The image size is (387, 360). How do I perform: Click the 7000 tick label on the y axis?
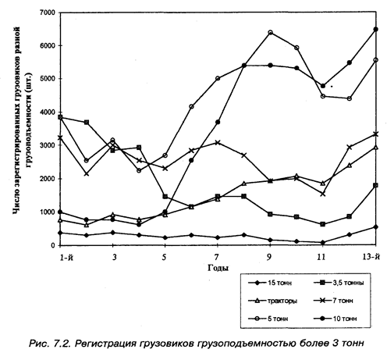coord(48,12)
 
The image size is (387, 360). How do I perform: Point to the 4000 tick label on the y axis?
coord(48,112)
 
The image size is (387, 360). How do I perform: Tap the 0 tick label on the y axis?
coord(53,245)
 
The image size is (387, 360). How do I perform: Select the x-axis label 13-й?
coord(371,257)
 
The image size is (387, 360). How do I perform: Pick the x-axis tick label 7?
coord(217,257)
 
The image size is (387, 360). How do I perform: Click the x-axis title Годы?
coord(218,268)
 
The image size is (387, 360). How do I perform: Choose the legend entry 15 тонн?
coord(270,283)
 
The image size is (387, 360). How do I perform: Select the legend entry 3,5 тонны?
coord(339,283)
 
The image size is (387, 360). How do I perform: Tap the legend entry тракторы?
coord(273,301)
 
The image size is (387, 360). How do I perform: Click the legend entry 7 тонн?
coord(334,301)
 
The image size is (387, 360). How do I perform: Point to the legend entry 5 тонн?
coord(268,319)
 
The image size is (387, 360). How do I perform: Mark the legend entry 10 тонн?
coord(336,319)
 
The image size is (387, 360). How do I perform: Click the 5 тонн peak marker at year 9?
coord(270,33)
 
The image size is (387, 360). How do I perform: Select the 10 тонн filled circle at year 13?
coord(375,29)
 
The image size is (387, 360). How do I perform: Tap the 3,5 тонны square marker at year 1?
coord(60,117)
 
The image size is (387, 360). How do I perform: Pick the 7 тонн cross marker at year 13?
coord(375,134)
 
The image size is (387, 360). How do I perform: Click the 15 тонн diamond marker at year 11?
coord(323,242)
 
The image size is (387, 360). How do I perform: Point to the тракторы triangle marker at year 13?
coord(375,148)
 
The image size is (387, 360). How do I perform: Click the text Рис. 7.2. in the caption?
coord(49,344)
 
